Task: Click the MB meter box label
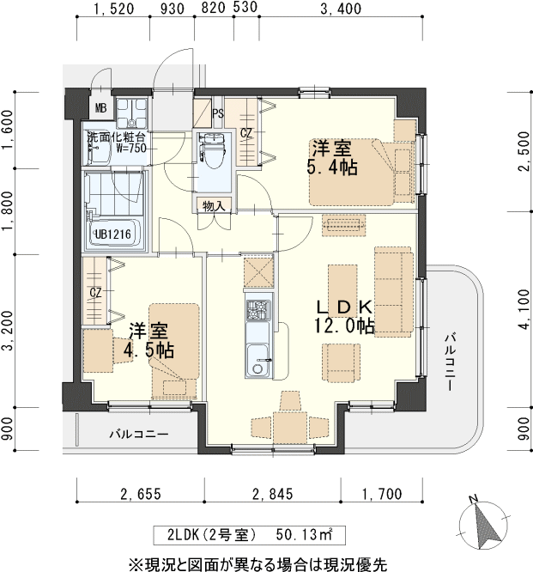[100, 108]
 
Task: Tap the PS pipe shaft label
[217, 113]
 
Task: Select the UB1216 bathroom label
[113, 234]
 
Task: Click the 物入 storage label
[213, 205]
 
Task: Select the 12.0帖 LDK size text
[343, 326]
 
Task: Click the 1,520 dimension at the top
[112, 10]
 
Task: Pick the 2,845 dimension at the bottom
[273, 493]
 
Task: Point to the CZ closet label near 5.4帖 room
[245, 133]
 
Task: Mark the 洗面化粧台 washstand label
[116, 137]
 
